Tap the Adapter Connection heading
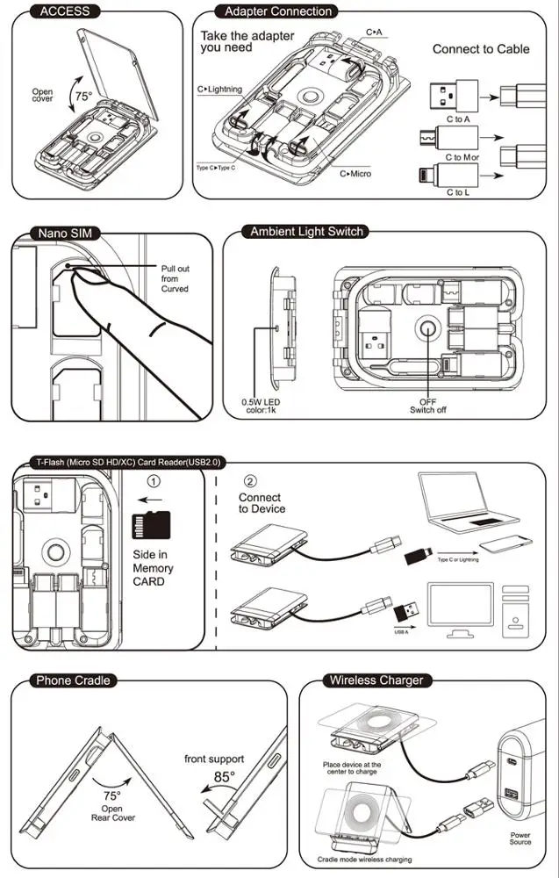point(278,11)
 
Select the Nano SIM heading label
point(64,233)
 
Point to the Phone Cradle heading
point(75,680)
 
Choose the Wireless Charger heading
point(376,680)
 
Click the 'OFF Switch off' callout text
point(427,405)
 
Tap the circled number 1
point(154,481)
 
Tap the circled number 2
point(250,481)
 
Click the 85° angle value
point(226,777)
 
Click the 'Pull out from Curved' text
point(174,278)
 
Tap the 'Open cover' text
point(42,96)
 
